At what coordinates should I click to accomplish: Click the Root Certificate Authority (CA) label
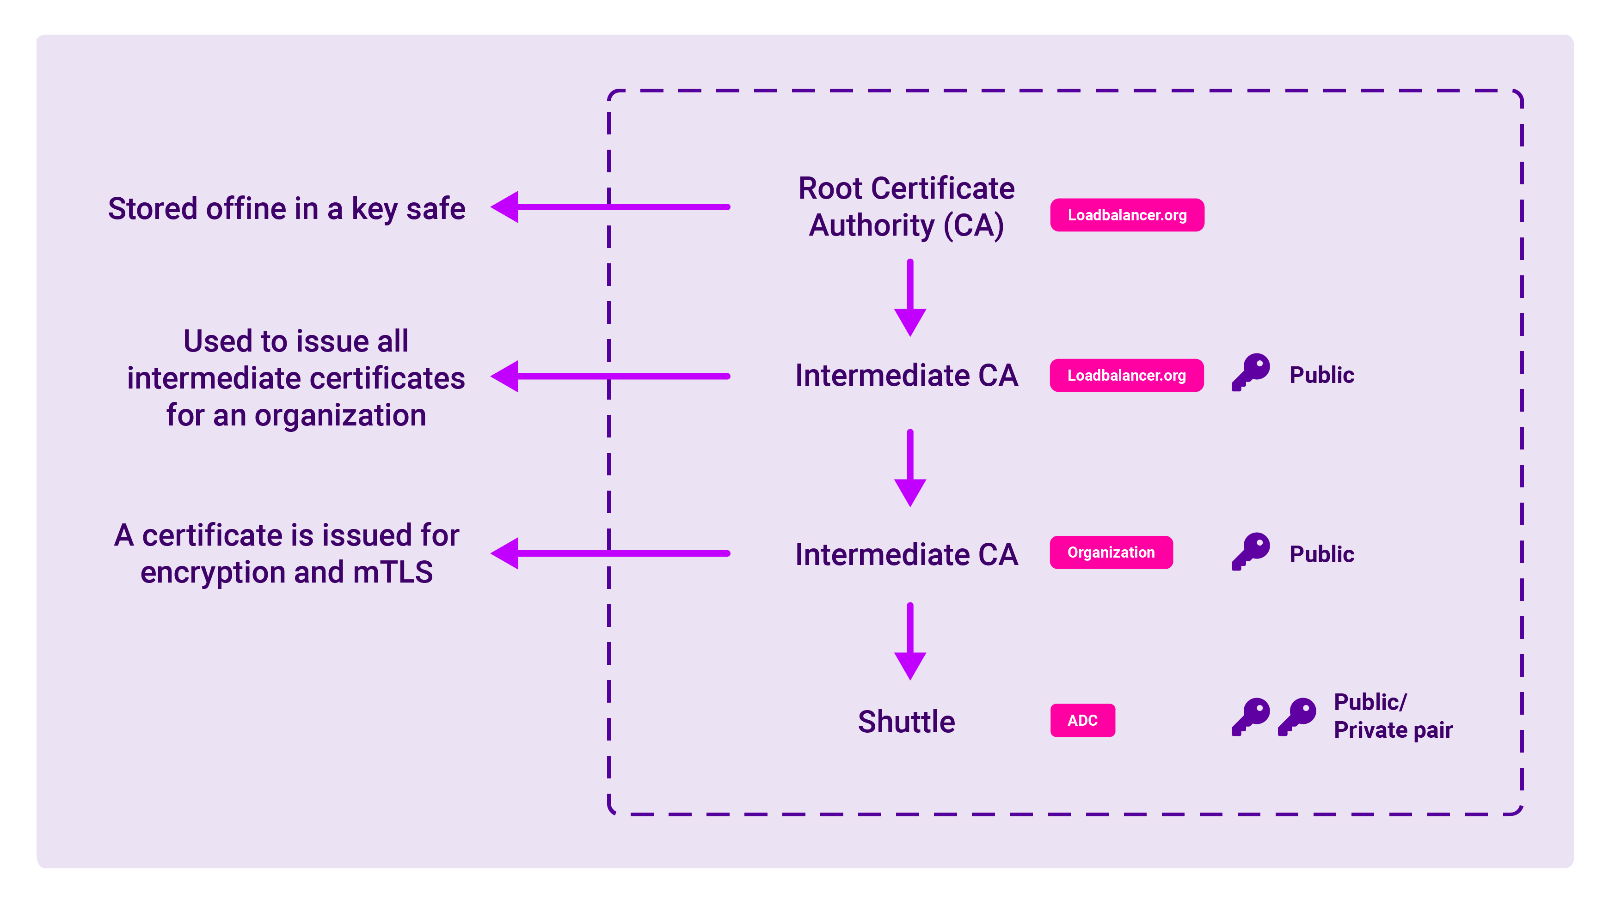tap(906, 206)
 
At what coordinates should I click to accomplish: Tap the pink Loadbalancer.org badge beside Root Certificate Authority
tap(1127, 215)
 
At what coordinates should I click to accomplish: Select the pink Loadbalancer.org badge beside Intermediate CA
tap(1126, 375)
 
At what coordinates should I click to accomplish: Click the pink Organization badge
tap(1111, 553)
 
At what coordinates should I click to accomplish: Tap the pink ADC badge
tap(1082, 721)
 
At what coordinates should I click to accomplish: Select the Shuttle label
tap(906, 722)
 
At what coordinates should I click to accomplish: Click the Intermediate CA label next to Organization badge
tap(906, 554)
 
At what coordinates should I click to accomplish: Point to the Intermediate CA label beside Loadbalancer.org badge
tap(906, 375)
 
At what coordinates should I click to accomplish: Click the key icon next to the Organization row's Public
tap(1251, 551)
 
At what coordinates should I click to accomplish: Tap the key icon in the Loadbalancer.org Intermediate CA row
tap(1251, 372)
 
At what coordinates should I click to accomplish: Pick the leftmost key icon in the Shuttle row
tap(1251, 716)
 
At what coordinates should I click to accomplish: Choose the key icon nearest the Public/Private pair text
tap(1297, 716)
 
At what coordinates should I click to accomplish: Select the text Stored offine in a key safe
tap(287, 208)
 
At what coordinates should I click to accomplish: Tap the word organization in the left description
tap(340, 415)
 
